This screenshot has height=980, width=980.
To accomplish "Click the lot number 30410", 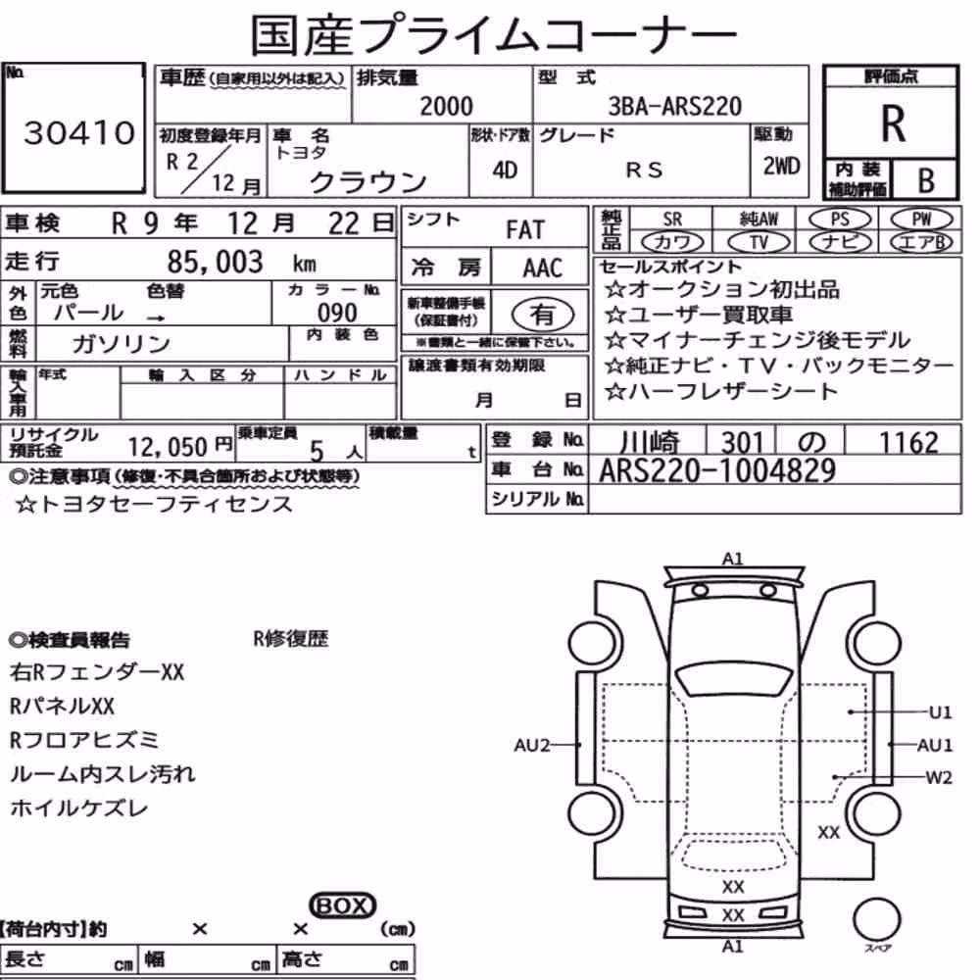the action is coord(79,132).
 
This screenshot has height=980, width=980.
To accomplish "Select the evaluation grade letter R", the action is coord(893,123).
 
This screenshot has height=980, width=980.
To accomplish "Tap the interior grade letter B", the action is coord(926,180).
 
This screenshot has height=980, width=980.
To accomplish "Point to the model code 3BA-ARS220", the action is coord(675,106).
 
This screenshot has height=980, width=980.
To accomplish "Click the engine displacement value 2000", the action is coord(446,106).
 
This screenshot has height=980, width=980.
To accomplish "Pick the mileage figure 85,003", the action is coord(215,262).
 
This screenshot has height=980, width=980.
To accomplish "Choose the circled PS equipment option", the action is coord(840,220).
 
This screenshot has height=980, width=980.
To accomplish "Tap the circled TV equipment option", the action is coord(759,242).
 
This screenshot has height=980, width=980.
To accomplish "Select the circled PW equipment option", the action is coord(921,220).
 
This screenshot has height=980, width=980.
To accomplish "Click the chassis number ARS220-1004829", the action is coord(717,470).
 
